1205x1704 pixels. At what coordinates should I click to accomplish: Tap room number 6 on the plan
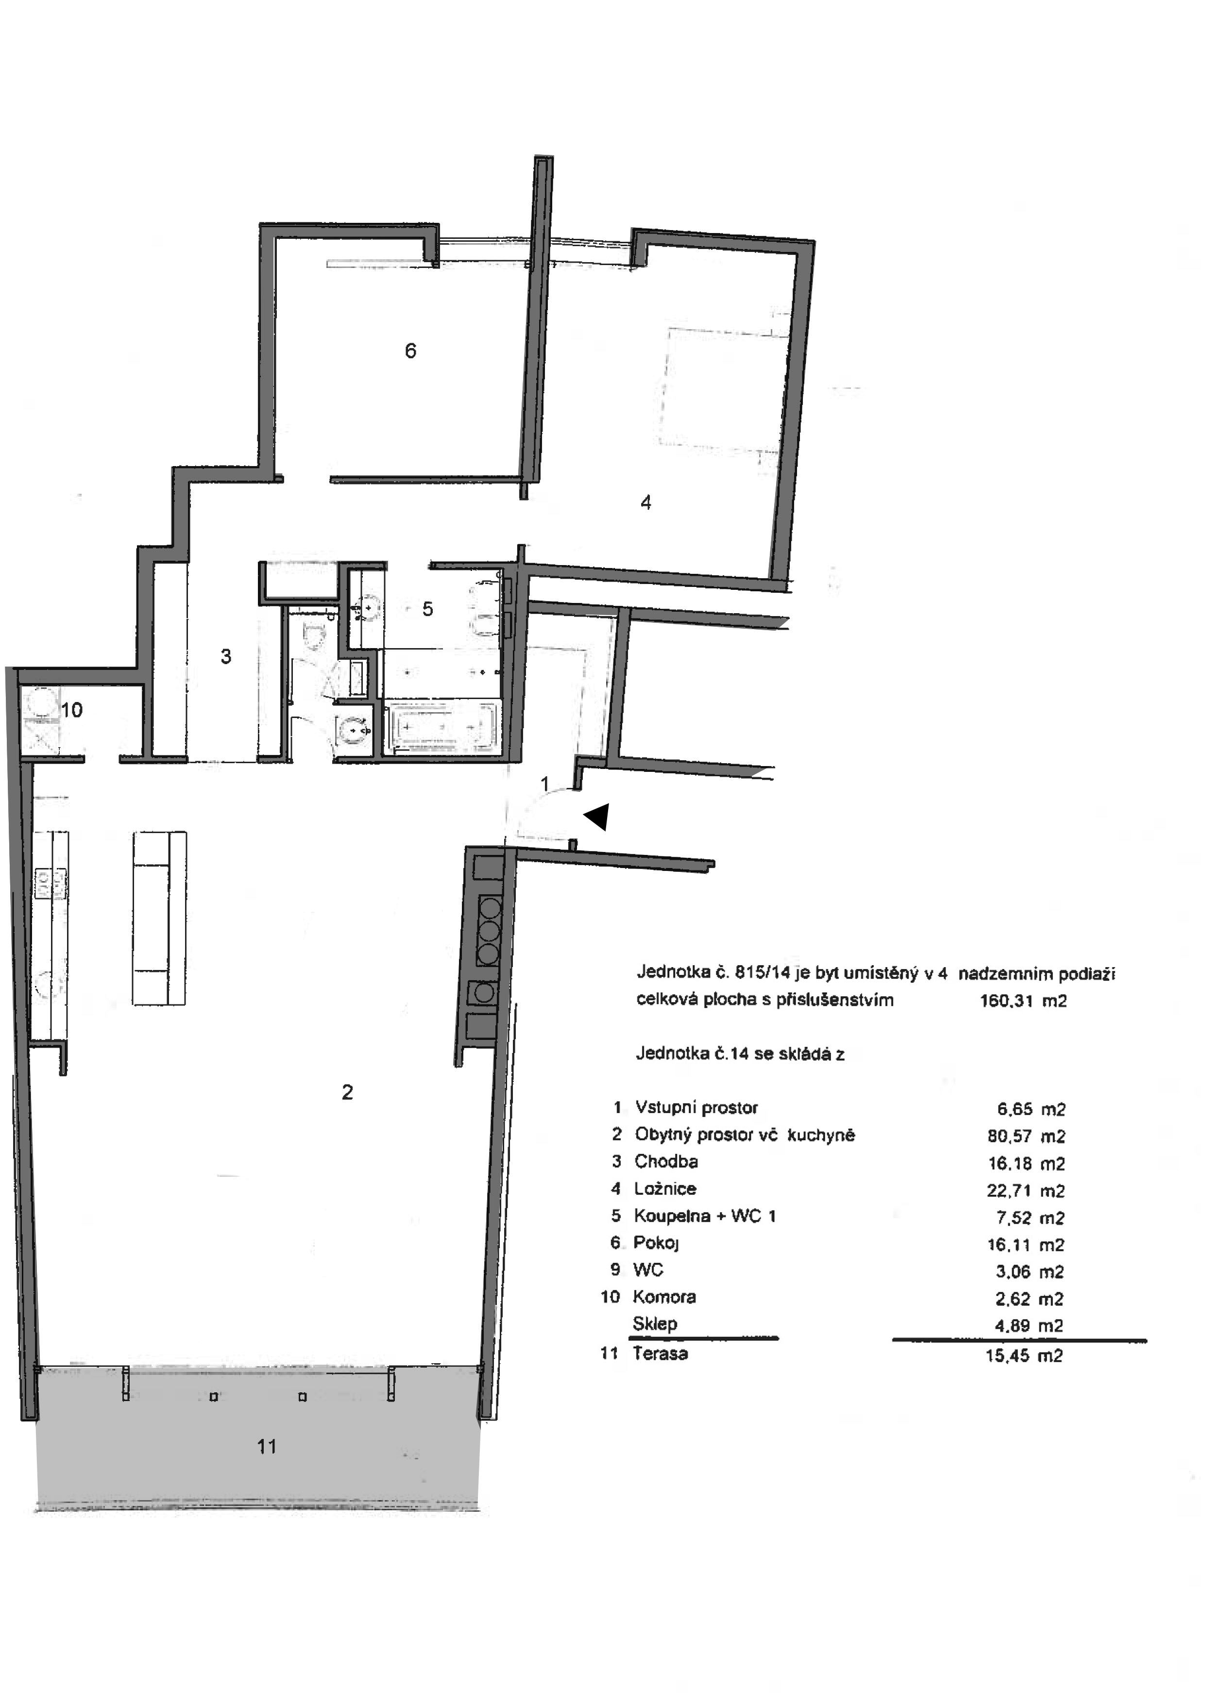pos(410,351)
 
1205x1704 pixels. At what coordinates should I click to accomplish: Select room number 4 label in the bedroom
pos(646,502)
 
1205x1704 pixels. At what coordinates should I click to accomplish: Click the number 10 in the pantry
pos(71,710)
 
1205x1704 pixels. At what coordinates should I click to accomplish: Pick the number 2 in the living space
pos(347,1092)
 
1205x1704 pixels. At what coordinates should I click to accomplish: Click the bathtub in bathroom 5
pos(442,727)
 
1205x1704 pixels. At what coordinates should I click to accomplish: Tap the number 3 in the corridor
pos(226,656)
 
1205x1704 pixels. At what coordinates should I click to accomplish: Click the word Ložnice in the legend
pos(665,1188)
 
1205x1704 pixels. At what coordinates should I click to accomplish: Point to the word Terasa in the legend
pos(660,1353)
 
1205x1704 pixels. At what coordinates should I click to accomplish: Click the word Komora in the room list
pos(664,1297)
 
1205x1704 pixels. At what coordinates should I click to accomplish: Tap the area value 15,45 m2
pos(1024,1356)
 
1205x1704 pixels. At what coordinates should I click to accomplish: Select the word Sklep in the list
pos(655,1323)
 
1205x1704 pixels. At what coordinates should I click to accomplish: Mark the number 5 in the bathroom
pos(428,609)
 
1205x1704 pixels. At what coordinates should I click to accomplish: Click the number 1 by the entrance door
pos(545,784)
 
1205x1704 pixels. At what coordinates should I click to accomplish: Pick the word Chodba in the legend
pos(666,1161)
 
